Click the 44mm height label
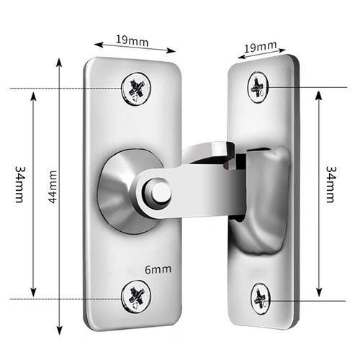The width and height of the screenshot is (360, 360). [53, 187]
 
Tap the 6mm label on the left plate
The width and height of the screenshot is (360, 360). [158, 269]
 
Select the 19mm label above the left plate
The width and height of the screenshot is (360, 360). [132, 40]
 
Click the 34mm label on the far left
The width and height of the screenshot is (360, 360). [20, 184]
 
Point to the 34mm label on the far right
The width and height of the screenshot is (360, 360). [331, 184]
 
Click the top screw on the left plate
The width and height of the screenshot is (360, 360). [136, 89]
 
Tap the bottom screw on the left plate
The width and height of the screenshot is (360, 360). [136, 297]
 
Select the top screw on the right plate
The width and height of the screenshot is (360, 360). [258, 87]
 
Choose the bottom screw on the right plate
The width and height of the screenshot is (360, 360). [261, 299]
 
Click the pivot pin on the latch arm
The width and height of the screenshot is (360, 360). [158, 192]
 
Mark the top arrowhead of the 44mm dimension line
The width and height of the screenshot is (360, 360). [59, 62]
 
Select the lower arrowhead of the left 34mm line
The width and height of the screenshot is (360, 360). [34, 292]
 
